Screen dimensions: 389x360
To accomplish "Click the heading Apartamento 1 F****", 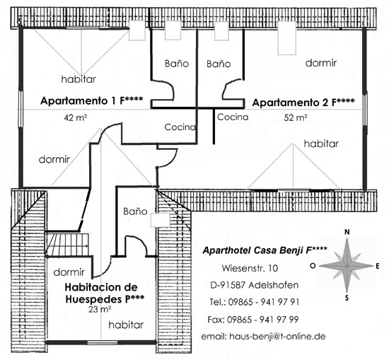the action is [x=91, y=100].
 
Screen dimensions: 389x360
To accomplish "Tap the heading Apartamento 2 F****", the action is [x=303, y=103].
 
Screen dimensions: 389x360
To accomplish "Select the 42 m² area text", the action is [x=75, y=117].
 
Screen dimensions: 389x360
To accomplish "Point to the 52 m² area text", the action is [x=296, y=117].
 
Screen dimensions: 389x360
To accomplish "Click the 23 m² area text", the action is [x=100, y=309].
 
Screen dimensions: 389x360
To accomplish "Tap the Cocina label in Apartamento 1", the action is [x=180, y=127].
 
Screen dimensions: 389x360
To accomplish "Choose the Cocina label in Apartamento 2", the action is [x=233, y=117].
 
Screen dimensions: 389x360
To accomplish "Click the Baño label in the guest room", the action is [x=135, y=211].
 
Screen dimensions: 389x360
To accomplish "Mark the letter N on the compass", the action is [x=347, y=232].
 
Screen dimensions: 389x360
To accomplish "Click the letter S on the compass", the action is [x=347, y=298].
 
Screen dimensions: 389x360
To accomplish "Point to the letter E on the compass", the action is [x=378, y=266].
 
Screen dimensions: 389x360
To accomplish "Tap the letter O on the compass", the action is [x=313, y=266].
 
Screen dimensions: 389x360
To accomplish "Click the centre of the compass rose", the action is [x=347, y=266].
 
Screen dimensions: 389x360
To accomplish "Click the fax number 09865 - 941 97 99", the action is [x=262, y=320].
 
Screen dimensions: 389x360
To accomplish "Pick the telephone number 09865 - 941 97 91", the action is [x=264, y=302].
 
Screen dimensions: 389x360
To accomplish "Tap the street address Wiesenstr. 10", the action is [x=250, y=268].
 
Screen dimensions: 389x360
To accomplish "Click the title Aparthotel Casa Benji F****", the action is [x=265, y=250].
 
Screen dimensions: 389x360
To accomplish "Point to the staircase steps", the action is [x=67, y=244].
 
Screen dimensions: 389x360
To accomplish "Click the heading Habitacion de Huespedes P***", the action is [x=104, y=294].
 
